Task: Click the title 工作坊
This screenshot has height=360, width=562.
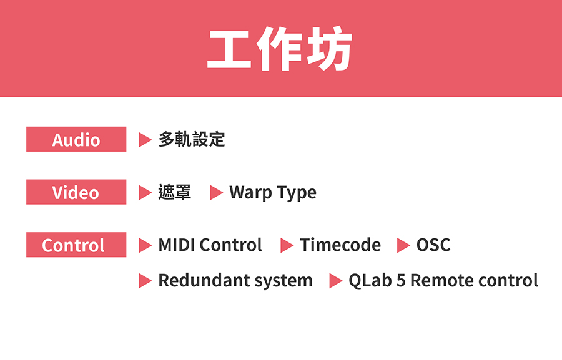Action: (x=280, y=49)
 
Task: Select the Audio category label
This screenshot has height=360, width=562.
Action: (x=76, y=139)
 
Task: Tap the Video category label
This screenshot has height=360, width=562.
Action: (x=76, y=192)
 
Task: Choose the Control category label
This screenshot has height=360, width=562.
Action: (x=76, y=245)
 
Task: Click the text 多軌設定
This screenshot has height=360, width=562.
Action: (x=192, y=139)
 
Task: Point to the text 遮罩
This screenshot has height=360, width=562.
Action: (x=175, y=192)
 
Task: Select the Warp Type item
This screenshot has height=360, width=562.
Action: (x=273, y=193)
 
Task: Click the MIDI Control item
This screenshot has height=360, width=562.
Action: (x=210, y=245)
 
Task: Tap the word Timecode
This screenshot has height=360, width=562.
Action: (x=340, y=245)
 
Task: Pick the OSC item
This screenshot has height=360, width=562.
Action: (x=433, y=245)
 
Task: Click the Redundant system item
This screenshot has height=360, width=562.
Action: (x=235, y=281)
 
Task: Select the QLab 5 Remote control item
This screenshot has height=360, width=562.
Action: (x=443, y=281)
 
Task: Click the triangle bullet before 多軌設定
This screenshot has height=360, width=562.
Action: (x=145, y=140)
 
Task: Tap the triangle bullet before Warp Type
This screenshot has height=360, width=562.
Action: (x=216, y=192)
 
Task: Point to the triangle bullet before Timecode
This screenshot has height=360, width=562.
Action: (x=287, y=245)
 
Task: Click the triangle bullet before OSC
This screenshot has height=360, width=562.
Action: (x=403, y=245)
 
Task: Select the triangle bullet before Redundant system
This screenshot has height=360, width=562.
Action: (x=145, y=281)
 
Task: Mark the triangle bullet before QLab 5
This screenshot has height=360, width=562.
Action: (x=335, y=281)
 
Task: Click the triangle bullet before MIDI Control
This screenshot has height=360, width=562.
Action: (x=145, y=245)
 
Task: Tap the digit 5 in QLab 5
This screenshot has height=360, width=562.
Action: (x=401, y=281)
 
